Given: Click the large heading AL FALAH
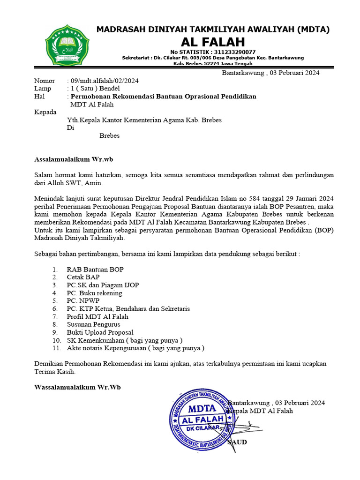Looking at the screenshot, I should click(213, 42).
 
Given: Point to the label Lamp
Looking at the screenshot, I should click(43, 89).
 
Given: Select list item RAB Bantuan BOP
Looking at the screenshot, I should click(95, 270).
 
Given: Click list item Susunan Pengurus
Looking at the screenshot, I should click(93, 324).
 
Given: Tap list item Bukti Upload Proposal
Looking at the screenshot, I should click(100, 332).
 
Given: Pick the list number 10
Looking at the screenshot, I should click(57, 340).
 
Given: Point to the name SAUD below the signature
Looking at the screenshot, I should click(237, 442).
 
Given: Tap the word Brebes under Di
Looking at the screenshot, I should click(109, 136).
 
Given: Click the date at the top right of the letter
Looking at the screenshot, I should click(270, 73).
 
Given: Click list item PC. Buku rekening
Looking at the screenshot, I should click(94, 293).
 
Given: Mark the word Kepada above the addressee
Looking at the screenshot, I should click(45, 112).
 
